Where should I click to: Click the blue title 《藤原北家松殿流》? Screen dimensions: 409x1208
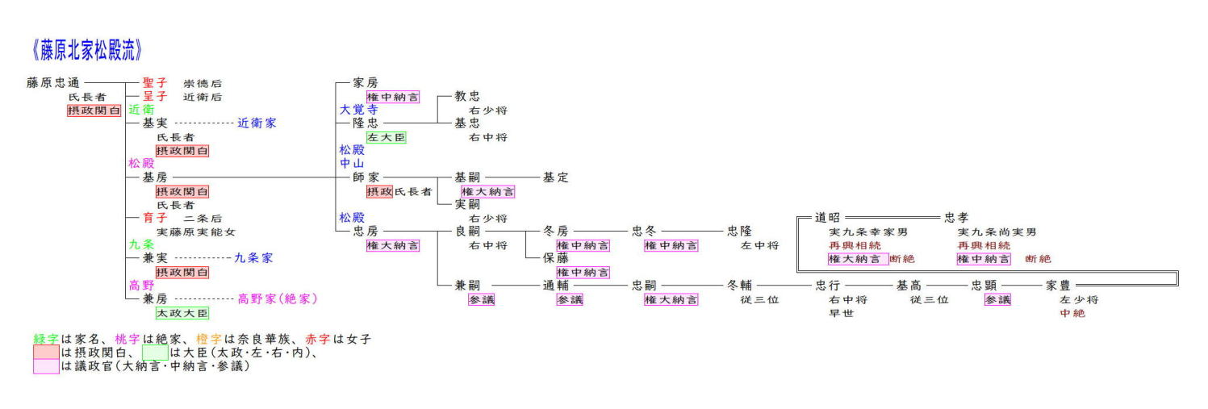coord(87,50)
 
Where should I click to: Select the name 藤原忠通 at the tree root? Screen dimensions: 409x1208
coord(52,82)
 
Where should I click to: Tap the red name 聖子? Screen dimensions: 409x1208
coord(154,82)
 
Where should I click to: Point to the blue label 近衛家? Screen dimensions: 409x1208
coord(257,123)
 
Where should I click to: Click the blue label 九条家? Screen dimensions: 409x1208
coord(253,258)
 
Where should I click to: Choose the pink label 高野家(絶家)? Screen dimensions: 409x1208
coord(278,298)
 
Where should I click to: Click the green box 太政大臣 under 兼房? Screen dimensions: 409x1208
coord(182,313)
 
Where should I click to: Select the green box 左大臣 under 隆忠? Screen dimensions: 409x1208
coord(386,137)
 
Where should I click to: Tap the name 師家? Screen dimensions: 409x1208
coord(366,177)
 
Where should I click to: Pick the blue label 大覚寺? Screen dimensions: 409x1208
coord(358,110)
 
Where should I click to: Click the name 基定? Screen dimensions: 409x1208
coord(555,177)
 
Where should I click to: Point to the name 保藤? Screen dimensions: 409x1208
coord(555,258)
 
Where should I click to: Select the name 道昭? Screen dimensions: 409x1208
coord(827,218)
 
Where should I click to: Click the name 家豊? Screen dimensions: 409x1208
coord(1058,286)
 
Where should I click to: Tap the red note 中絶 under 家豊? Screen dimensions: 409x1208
coord(1072,313)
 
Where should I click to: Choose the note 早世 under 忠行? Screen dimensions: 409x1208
coord(842,313)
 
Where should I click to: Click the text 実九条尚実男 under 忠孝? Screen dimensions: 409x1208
coord(997,232)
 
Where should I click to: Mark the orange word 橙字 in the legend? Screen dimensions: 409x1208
coord(209,340)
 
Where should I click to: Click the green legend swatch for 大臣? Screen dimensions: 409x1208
coord(154,353)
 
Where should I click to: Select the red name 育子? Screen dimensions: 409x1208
coord(154,218)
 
